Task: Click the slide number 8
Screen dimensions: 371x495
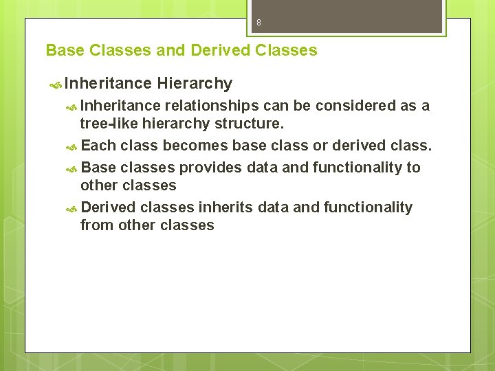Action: point(258,23)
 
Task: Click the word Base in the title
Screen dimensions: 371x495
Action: point(65,50)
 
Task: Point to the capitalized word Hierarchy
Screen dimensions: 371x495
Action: point(195,84)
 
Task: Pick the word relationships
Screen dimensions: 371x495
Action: point(212,106)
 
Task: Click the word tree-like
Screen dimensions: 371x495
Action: point(109,124)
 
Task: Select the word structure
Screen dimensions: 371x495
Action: point(248,124)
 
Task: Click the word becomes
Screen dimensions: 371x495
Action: point(196,146)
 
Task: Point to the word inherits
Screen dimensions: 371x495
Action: point(225,207)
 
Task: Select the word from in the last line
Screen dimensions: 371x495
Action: point(95,225)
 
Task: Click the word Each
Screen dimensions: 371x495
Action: point(98,146)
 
